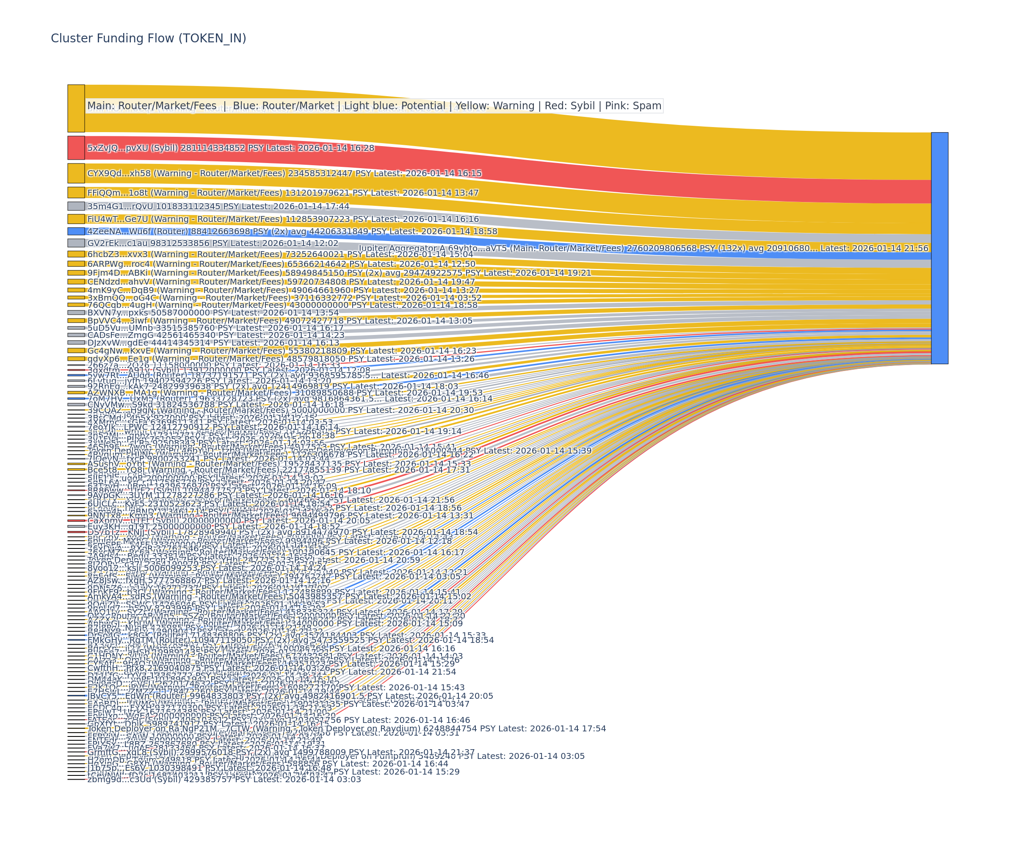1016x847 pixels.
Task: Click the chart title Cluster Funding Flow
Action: tap(148, 38)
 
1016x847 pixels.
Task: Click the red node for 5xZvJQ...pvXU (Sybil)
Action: tap(76, 148)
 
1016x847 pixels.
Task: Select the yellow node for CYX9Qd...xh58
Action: tap(76, 173)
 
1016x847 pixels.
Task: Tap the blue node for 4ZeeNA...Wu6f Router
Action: tap(76, 231)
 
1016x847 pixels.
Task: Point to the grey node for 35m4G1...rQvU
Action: tap(76, 206)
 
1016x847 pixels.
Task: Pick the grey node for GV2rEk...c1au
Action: tap(76, 243)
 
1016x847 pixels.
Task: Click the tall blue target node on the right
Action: tap(939, 248)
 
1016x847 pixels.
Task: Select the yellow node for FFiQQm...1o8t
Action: tap(76, 193)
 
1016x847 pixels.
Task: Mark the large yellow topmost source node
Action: tap(76, 108)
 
